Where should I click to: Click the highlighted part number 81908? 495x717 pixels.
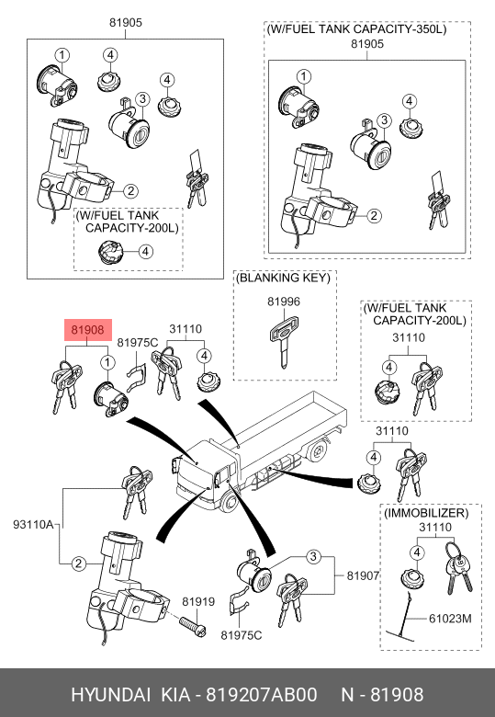tap(87, 330)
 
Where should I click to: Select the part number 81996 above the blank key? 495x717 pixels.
tap(284, 302)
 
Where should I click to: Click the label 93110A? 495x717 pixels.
tap(33, 524)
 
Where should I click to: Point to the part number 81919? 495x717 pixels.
tap(198, 602)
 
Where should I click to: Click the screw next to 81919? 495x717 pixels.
tap(193, 627)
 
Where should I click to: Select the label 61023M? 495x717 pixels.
tap(450, 619)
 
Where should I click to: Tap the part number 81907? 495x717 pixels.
tap(363, 575)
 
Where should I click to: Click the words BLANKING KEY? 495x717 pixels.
tap(283, 278)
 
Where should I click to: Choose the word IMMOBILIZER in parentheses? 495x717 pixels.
tap(426, 513)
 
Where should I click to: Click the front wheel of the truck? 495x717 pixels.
tap(231, 503)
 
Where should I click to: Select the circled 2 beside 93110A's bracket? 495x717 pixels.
tap(79, 563)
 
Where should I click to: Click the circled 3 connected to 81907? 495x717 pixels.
tap(313, 556)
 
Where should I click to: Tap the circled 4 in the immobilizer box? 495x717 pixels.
tap(417, 552)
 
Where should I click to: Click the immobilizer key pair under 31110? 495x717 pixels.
tap(458, 566)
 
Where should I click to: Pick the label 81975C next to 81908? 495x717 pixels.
tap(138, 343)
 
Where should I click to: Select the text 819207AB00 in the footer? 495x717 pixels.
tap(261, 695)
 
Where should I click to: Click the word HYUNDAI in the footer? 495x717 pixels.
tap(110, 695)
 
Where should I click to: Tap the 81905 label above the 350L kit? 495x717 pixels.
tap(367, 44)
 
